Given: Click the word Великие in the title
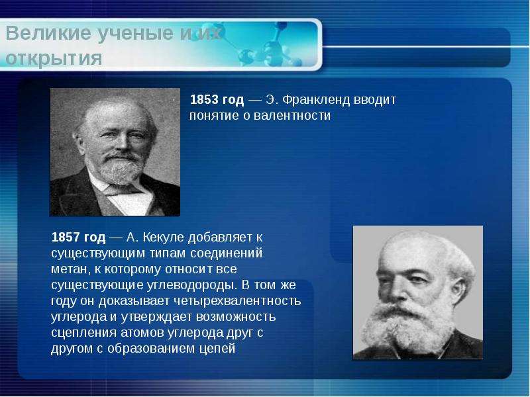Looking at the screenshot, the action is click(x=48, y=34).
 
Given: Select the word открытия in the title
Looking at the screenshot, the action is click(x=54, y=58).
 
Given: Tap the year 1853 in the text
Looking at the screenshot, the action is click(x=204, y=100).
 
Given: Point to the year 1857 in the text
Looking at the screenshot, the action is click(x=66, y=238).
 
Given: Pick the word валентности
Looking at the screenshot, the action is click(x=292, y=116).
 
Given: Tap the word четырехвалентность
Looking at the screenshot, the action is click(x=237, y=301).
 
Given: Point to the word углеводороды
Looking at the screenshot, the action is click(x=191, y=285).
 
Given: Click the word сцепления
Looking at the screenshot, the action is click(x=84, y=333).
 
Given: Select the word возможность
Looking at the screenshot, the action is click(x=236, y=317).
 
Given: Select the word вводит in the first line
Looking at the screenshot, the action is click(x=374, y=100).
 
